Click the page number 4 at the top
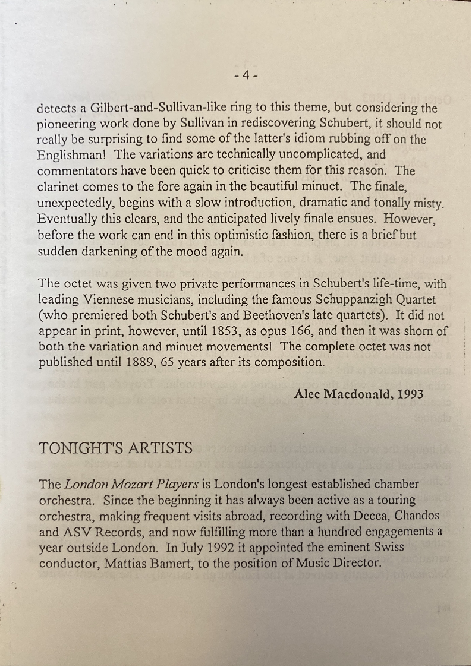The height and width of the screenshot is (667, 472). click(246, 75)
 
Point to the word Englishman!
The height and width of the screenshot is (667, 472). click(73, 156)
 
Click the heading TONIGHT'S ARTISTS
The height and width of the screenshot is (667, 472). click(116, 448)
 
